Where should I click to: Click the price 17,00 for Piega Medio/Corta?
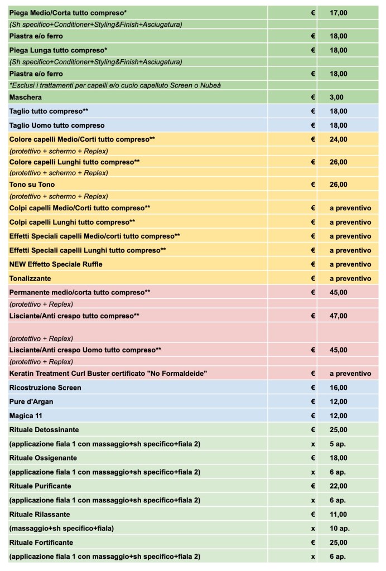pyautogui.click(x=338, y=12)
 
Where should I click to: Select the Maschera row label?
pyautogui.click(x=26, y=97)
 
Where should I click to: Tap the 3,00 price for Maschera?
pyautogui.click(x=336, y=97)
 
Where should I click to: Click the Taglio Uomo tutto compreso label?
pyautogui.click(x=57, y=125)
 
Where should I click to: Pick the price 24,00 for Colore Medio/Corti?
pyautogui.click(x=338, y=139)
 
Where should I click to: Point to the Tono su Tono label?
pyautogui.click(x=32, y=185)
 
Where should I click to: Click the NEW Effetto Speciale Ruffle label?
pyautogui.click(x=56, y=264)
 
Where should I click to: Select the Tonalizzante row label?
pyautogui.click(x=30, y=278)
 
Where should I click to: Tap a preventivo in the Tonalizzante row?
pyautogui.click(x=350, y=278)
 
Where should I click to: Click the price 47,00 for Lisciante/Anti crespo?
pyautogui.click(x=338, y=316)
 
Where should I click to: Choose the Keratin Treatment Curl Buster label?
pyautogui.click(x=109, y=374)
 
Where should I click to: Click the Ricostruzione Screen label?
pyautogui.click(x=45, y=388)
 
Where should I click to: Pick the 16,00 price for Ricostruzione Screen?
pyautogui.click(x=338, y=388)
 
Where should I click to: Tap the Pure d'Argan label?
pyautogui.click(x=32, y=401)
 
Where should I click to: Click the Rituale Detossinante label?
pyautogui.click(x=44, y=430)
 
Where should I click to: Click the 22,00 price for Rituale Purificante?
pyautogui.click(x=338, y=486)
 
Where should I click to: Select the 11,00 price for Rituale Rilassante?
pyautogui.click(x=338, y=514)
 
